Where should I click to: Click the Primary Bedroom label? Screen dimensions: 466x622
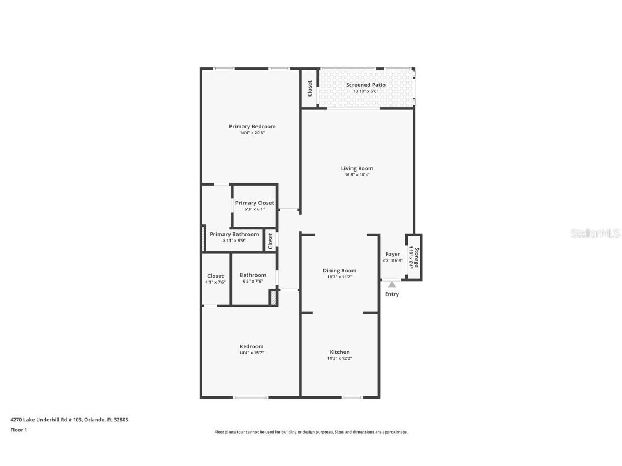click(252, 127)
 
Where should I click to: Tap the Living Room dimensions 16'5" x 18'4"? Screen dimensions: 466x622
click(357, 175)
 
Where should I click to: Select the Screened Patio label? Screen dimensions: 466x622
click(366, 85)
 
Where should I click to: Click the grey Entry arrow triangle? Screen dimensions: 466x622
click(391, 285)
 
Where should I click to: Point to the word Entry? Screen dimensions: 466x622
click(392, 294)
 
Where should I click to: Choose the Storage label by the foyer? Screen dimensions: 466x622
click(416, 257)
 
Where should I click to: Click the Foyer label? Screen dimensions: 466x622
click(393, 254)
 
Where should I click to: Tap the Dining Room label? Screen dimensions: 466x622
click(340, 270)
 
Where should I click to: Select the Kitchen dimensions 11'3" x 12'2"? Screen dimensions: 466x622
click(340, 358)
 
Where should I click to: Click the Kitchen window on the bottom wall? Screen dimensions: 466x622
click(352, 398)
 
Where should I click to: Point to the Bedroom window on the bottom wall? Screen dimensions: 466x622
click(250, 398)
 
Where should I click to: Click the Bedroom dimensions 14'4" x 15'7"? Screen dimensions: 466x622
click(252, 353)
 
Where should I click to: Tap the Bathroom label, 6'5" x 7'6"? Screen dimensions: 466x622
click(253, 275)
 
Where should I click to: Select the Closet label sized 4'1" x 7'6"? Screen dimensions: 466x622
click(215, 276)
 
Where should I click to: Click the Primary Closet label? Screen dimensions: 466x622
click(254, 203)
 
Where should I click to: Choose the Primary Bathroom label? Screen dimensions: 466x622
click(234, 234)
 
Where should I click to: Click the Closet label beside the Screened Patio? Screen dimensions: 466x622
click(309, 88)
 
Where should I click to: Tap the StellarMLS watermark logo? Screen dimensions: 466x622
click(596, 233)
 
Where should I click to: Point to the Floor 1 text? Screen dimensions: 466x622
click(18, 430)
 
